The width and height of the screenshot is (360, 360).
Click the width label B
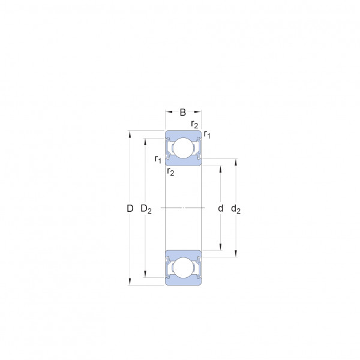click(183, 113)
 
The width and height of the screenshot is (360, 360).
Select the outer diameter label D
click(130, 208)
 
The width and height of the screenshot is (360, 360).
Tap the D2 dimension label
click(146, 209)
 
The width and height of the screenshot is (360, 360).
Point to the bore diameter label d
click(220, 208)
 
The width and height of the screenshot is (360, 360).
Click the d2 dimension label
click(236, 209)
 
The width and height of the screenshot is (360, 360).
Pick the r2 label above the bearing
click(194, 124)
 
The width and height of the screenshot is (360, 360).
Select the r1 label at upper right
click(207, 134)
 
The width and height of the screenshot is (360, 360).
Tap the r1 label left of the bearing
click(158, 159)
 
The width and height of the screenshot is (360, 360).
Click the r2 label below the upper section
click(170, 172)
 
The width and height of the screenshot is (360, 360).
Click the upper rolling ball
click(183, 148)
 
